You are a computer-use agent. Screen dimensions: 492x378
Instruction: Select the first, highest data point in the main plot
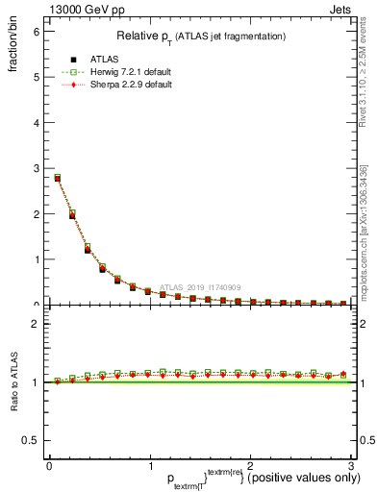58,178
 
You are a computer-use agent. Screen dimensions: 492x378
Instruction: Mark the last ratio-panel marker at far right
343,375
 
